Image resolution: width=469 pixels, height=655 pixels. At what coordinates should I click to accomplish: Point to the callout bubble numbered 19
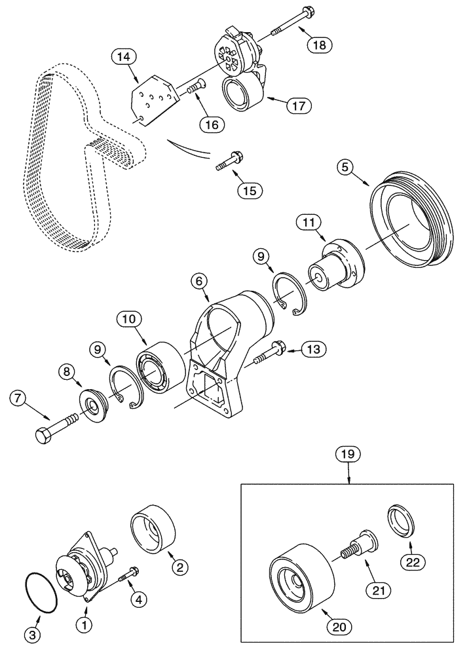348,453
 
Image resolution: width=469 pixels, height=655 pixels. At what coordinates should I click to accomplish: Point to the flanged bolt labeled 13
267,353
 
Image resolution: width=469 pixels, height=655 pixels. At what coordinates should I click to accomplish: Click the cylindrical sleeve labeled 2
156,529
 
